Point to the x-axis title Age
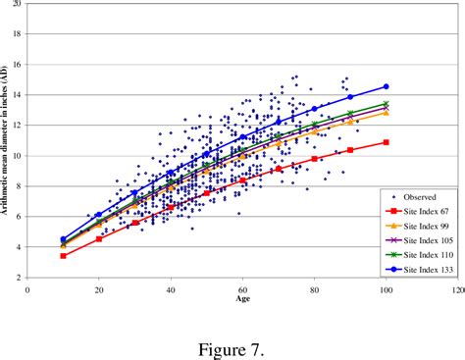(x=241, y=300)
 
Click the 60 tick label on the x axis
(x=242, y=289)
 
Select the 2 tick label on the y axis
(x=19, y=278)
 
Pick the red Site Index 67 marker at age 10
(x=63, y=255)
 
